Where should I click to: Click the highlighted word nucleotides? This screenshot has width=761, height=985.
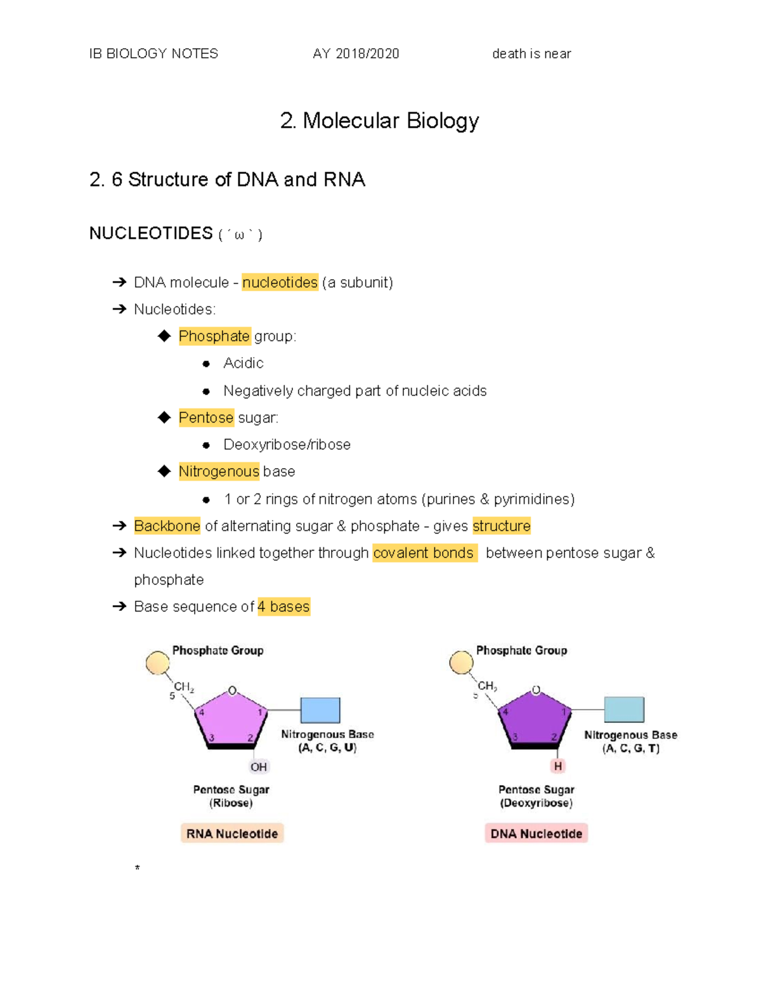tap(280, 282)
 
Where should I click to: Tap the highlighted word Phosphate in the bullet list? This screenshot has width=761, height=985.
tap(214, 336)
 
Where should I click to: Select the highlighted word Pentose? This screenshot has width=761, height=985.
tap(206, 417)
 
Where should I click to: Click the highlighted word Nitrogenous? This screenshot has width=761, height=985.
tap(219, 471)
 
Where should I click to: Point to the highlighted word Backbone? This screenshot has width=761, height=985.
tap(167, 526)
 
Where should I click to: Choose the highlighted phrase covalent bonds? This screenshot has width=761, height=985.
tap(424, 553)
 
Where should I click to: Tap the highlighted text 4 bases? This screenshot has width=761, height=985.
tap(283, 607)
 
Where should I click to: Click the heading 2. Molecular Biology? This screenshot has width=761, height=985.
tap(379, 121)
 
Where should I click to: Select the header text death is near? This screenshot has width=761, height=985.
tap(531, 54)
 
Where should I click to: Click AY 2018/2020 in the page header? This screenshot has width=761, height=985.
tap(356, 54)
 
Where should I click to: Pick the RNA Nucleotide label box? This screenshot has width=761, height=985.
tap(232, 833)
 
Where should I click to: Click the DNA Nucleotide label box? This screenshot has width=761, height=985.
tap(536, 833)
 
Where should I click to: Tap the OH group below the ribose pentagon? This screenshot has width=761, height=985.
tap(259, 767)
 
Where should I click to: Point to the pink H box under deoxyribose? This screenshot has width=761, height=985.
tap(558, 766)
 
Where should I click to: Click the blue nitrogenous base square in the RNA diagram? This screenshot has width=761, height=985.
tap(320, 710)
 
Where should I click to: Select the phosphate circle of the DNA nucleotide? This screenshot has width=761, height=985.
tap(461, 663)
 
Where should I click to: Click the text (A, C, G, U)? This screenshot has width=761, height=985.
tap(327, 748)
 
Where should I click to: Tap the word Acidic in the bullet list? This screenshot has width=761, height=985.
tap(243, 363)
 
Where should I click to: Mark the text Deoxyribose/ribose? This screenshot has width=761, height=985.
tap(287, 445)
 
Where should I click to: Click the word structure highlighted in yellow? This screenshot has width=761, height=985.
tap(501, 526)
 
